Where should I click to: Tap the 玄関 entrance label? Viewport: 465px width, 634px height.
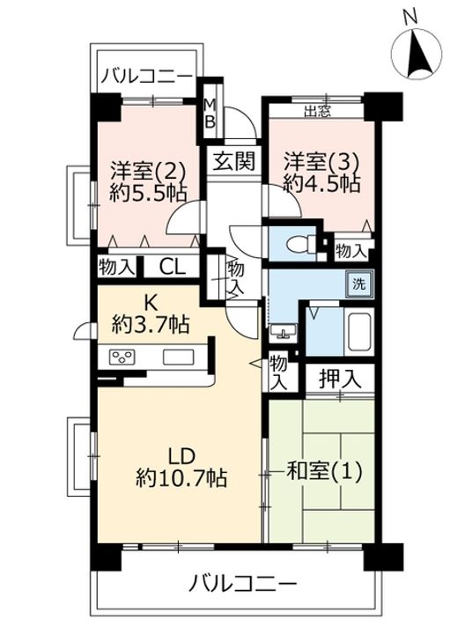tap(234, 161)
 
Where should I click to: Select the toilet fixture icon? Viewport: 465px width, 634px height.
tap(300, 243)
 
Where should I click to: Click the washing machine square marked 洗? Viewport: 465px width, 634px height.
tap(359, 284)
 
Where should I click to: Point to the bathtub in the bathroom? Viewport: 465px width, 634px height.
tap(360, 332)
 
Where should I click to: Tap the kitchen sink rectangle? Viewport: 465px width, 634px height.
tap(178, 357)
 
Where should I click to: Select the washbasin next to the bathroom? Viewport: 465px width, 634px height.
tap(283, 330)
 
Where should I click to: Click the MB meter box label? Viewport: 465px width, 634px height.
tap(210, 114)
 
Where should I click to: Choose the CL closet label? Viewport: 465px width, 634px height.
tap(173, 267)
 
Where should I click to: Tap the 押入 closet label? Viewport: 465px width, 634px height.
tap(339, 380)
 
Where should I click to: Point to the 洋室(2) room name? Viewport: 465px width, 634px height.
tap(149, 170)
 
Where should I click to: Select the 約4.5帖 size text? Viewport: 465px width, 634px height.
tap(321, 184)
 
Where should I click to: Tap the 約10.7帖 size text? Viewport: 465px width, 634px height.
tap(181, 478)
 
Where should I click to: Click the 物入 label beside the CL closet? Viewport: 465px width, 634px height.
tap(116, 267)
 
